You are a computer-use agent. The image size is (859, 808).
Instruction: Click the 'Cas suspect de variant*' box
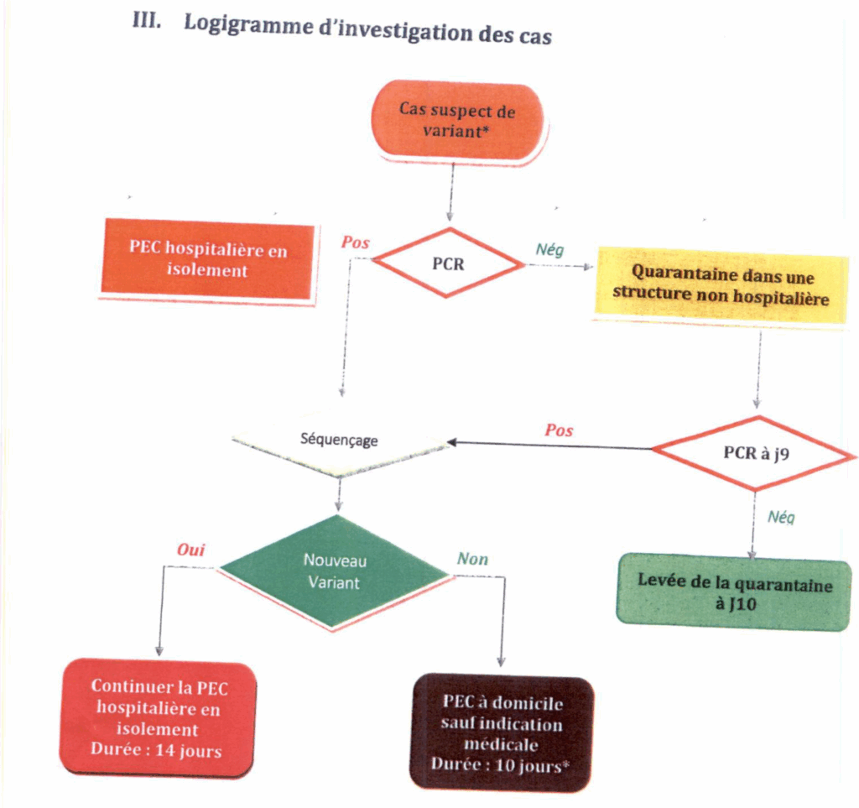pyautogui.click(x=457, y=120)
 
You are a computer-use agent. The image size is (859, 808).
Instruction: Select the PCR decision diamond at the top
pyautogui.click(x=448, y=263)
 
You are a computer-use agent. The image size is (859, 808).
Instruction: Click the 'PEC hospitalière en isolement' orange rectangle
pyautogui.click(x=207, y=258)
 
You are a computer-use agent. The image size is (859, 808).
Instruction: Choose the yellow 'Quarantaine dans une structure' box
pyautogui.click(x=721, y=285)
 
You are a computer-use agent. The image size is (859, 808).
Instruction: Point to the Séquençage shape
pyautogui.click(x=339, y=440)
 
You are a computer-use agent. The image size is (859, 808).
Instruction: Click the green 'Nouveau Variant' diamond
pyautogui.click(x=334, y=571)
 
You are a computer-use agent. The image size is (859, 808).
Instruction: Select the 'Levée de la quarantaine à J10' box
pyautogui.click(x=734, y=593)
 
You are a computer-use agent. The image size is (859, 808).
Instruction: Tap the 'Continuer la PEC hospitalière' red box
pyautogui.click(x=158, y=718)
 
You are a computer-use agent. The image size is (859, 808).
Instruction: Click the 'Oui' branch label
pyautogui.click(x=190, y=550)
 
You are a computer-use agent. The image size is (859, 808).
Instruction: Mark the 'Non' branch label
pyautogui.click(x=472, y=559)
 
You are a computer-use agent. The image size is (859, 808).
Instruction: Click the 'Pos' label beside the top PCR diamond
pyautogui.click(x=355, y=242)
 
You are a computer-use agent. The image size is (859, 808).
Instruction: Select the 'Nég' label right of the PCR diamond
pyautogui.click(x=549, y=249)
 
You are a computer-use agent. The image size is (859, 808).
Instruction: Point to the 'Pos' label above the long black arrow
pyautogui.click(x=559, y=430)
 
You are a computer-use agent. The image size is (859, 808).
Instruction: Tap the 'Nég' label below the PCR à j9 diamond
pyautogui.click(x=781, y=518)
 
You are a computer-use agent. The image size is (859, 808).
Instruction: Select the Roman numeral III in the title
pyautogui.click(x=146, y=22)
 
